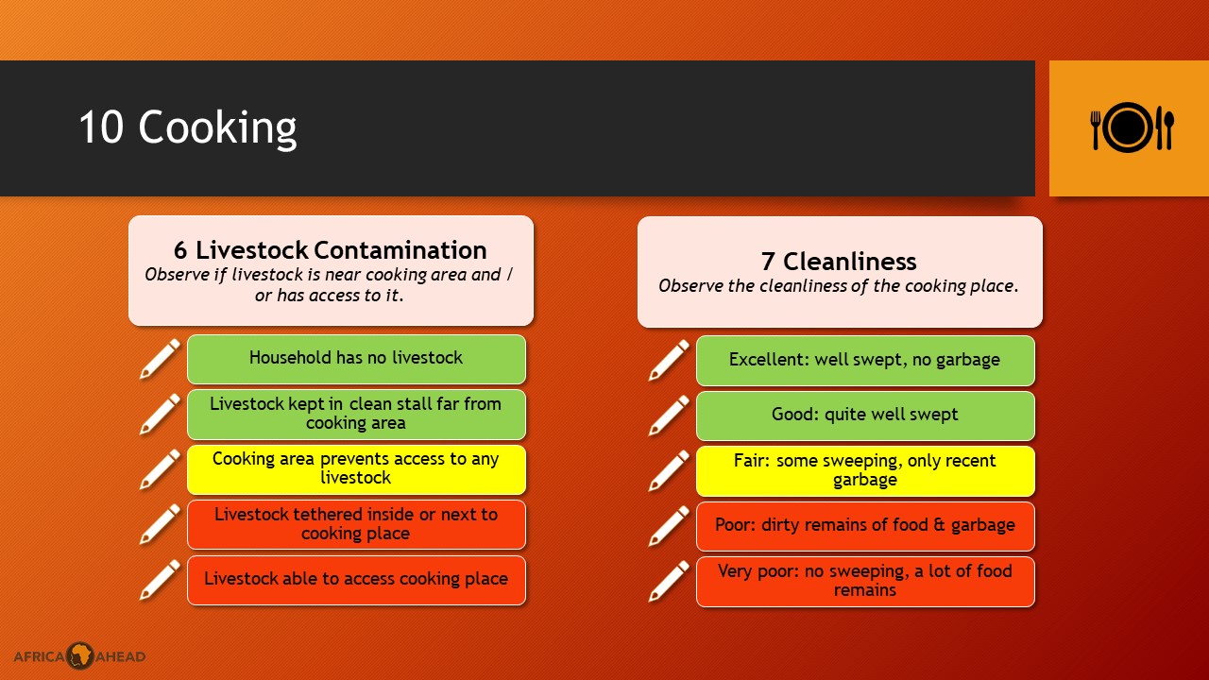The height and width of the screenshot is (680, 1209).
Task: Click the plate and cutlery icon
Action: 1132,127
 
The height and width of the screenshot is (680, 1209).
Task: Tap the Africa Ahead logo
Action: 79,655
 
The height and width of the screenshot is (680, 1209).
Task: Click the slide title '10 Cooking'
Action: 188,127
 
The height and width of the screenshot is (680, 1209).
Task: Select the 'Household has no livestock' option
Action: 356,359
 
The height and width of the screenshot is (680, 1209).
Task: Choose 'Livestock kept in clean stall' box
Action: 356,414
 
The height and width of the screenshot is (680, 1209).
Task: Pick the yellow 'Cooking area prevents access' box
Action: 356,469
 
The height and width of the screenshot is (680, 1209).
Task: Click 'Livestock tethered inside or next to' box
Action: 356,524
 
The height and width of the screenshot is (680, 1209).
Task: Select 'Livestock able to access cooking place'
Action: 356,580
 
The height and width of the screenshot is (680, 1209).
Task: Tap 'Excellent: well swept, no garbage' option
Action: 865,361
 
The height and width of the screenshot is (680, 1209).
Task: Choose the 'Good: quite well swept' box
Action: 865,416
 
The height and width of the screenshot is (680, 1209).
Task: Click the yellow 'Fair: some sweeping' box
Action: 865,471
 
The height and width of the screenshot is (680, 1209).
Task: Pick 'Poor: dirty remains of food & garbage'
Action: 865,526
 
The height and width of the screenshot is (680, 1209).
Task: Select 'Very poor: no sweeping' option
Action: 865,582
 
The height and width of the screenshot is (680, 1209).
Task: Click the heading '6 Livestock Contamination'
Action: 331,250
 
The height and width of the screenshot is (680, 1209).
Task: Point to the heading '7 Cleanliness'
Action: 839,262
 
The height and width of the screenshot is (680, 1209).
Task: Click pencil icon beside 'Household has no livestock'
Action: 160,359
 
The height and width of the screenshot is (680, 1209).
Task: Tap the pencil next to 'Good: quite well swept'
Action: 669,416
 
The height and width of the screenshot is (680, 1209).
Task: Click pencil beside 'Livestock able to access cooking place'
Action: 160,580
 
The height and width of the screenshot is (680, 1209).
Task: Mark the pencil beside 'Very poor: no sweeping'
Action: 669,581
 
